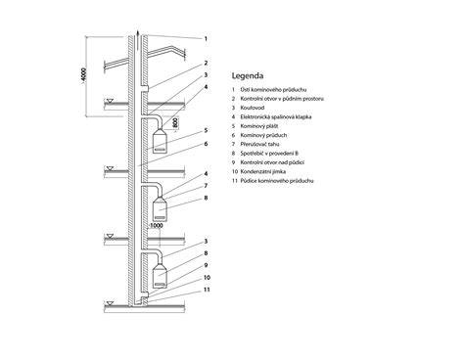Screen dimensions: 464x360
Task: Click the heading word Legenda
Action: coord(248,76)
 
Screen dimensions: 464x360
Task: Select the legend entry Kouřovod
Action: coord(253,108)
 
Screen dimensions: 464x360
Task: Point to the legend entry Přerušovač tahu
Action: coord(259,144)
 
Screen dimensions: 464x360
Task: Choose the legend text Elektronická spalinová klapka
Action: coord(276,116)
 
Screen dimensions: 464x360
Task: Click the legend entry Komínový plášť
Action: coord(259,126)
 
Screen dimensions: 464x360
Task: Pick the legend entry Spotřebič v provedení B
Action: coord(269,154)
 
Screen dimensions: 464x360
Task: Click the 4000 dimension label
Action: coord(83,74)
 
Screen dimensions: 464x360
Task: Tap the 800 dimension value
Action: coord(175,122)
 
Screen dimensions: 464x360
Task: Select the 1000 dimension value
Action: coord(157,225)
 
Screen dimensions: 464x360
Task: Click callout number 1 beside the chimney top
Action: coord(206,39)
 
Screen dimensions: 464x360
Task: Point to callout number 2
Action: coord(206,63)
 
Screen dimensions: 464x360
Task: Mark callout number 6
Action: coord(206,144)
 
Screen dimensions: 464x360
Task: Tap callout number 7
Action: coord(206,186)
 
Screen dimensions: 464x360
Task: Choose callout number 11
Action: coord(207,290)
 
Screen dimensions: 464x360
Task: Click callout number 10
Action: coord(207,278)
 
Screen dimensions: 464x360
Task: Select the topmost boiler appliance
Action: coord(161,141)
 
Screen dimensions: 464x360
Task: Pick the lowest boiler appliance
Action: coord(161,276)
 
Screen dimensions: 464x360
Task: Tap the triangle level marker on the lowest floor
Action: coord(111,303)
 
